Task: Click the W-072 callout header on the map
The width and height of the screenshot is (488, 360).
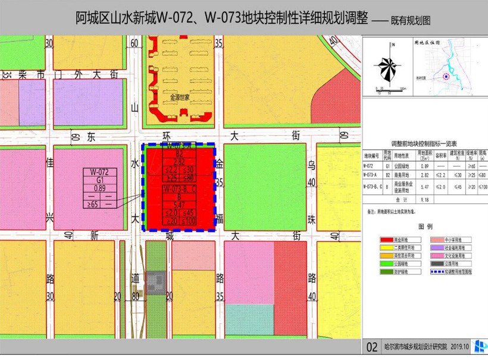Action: coord(99,172)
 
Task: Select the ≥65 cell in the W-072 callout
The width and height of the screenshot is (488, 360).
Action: coord(92,204)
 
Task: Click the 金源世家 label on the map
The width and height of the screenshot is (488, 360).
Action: coord(179,96)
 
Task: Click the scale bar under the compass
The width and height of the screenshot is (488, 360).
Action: coord(390,89)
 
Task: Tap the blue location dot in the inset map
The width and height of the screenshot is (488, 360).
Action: coord(446,76)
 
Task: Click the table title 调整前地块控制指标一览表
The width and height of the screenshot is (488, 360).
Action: coord(424,144)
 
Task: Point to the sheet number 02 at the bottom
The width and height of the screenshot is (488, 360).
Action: coord(372,347)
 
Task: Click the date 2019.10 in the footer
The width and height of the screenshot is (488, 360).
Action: coord(459,347)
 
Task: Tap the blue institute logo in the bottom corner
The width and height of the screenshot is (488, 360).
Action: coord(480,347)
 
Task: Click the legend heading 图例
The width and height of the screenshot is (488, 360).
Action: coord(425,227)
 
